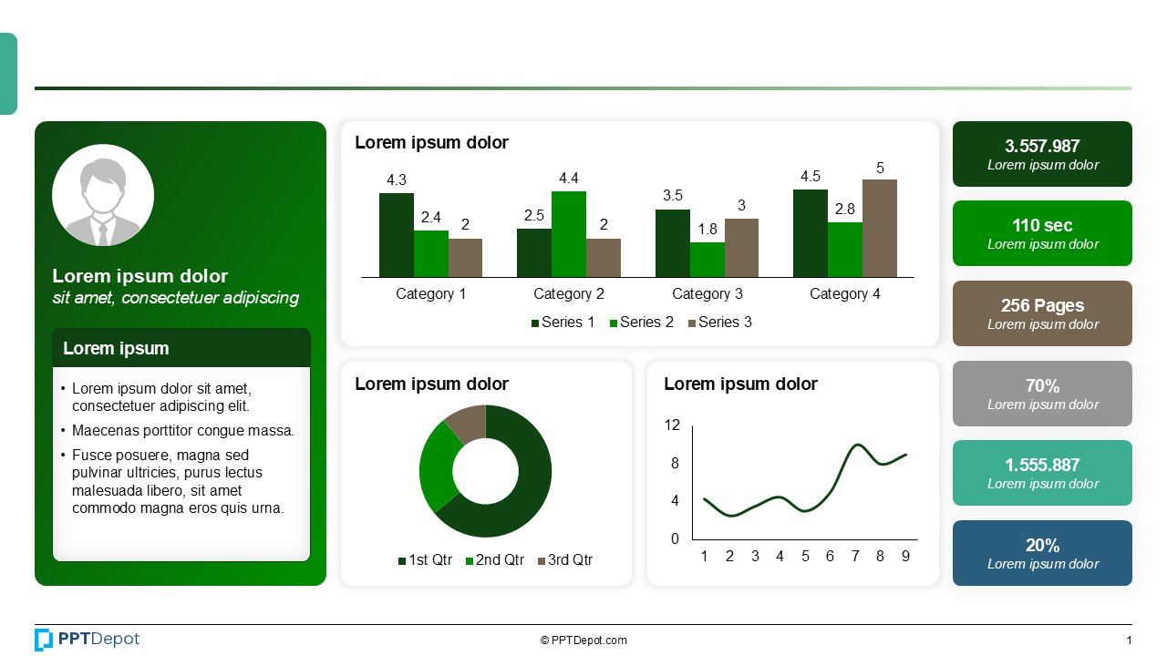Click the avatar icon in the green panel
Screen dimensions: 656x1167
pyautogui.click(x=103, y=195)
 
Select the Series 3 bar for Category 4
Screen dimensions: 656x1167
pyautogui.click(x=879, y=228)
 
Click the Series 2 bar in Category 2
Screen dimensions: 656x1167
pyautogui.click(x=568, y=234)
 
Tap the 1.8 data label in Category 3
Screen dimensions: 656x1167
pyautogui.click(x=707, y=230)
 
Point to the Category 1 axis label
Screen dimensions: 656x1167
pyautogui.click(x=430, y=294)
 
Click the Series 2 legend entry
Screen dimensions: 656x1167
pyautogui.click(x=641, y=323)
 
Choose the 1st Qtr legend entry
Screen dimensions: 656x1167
pyautogui.click(x=425, y=560)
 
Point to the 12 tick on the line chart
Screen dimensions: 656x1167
pyautogui.click(x=672, y=425)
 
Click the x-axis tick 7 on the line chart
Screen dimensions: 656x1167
pyautogui.click(x=855, y=557)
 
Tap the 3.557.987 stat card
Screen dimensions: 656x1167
pyautogui.click(x=1042, y=154)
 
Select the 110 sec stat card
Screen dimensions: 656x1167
pyautogui.click(x=1042, y=233)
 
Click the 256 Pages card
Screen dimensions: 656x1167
pyautogui.click(x=1042, y=313)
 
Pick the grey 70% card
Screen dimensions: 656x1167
pyautogui.click(x=1042, y=394)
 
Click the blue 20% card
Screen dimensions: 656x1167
pyautogui.click(x=1042, y=553)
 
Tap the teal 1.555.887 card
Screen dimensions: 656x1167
pyautogui.click(x=1042, y=473)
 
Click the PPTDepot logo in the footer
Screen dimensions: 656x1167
pyautogui.click(x=88, y=640)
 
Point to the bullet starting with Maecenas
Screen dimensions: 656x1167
pyautogui.click(x=182, y=431)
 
